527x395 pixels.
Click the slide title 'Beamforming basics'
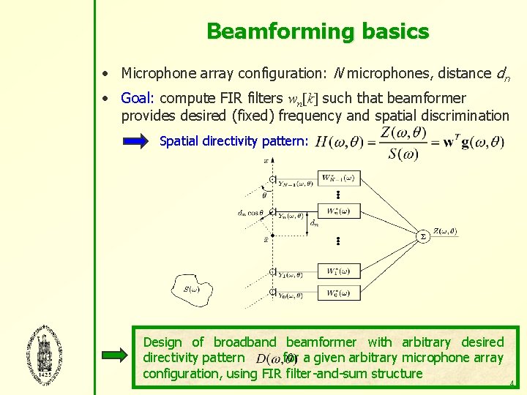(x=317, y=31)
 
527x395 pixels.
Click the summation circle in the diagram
(x=422, y=236)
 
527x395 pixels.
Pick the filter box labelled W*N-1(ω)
(x=338, y=178)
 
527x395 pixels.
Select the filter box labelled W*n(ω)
(x=338, y=211)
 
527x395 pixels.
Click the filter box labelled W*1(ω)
(x=338, y=271)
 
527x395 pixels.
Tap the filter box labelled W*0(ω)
(x=338, y=293)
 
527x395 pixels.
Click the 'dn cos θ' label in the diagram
(x=250, y=213)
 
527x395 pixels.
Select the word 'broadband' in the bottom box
(x=244, y=342)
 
